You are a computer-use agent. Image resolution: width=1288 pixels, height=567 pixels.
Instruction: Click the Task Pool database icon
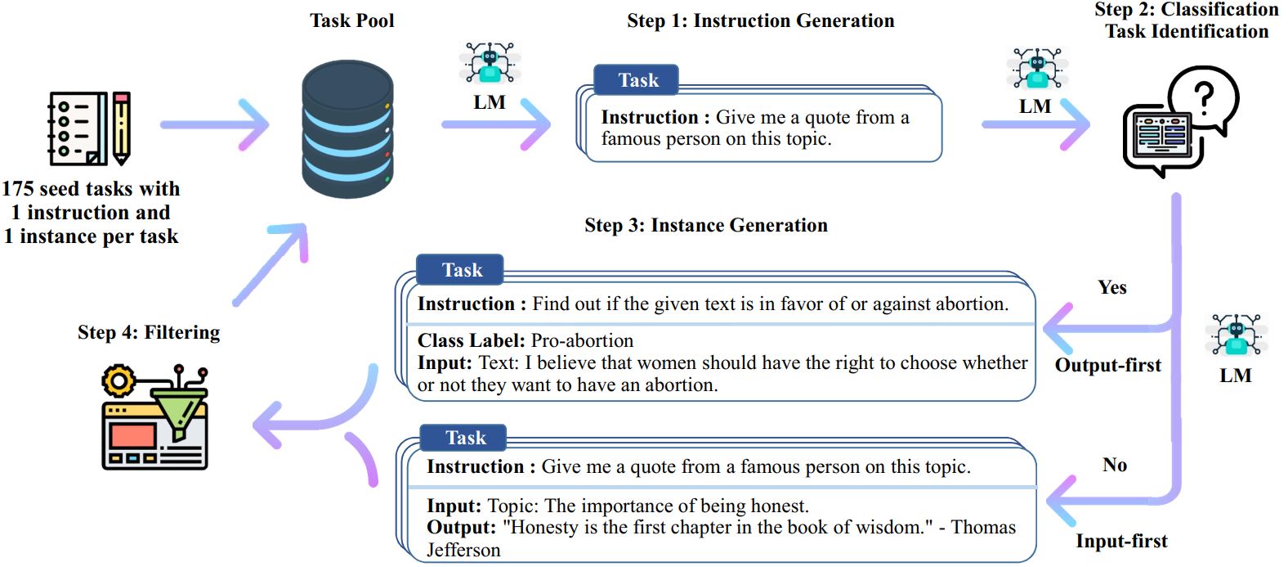pyautogui.click(x=348, y=129)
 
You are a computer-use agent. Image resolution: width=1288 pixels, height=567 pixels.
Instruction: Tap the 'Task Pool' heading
pyautogui.click(x=351, y=21)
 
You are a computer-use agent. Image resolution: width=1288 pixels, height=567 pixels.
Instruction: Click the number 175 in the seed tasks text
pyautogui.click(x=17, y=189)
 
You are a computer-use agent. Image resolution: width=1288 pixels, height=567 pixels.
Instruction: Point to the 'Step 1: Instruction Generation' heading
pyautogui.click(x=760, y=21)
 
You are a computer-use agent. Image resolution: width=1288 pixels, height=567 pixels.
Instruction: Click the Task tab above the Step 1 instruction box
pyautogui.click(x=637, y=80)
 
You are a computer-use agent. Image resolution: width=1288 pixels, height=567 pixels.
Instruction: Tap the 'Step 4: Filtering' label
pyautogui.click(x=149, y=332)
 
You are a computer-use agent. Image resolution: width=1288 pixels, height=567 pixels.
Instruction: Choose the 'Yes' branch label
pyautogui.click(x=1111, y=287)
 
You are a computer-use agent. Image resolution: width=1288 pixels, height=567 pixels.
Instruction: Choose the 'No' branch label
pyautogui.click(x=1114, y=465)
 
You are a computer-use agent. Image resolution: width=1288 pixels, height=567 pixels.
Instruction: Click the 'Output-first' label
pyautogui.click(x=1107, y=365)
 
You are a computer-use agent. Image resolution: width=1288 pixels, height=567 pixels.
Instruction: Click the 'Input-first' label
pyautogui.click(x=1120, y=541)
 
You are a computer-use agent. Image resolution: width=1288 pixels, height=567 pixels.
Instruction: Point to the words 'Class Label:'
pyautogui.click(x=471, y=340)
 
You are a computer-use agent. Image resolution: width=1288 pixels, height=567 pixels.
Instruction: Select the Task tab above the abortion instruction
pyautogui.click(x=461, y=270)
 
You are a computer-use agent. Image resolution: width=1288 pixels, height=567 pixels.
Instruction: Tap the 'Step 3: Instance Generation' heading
pyautogui.click(x=705, y=226)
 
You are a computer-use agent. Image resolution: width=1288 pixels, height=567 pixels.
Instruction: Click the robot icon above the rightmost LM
pyautogui.click(x=1235, y=335)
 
